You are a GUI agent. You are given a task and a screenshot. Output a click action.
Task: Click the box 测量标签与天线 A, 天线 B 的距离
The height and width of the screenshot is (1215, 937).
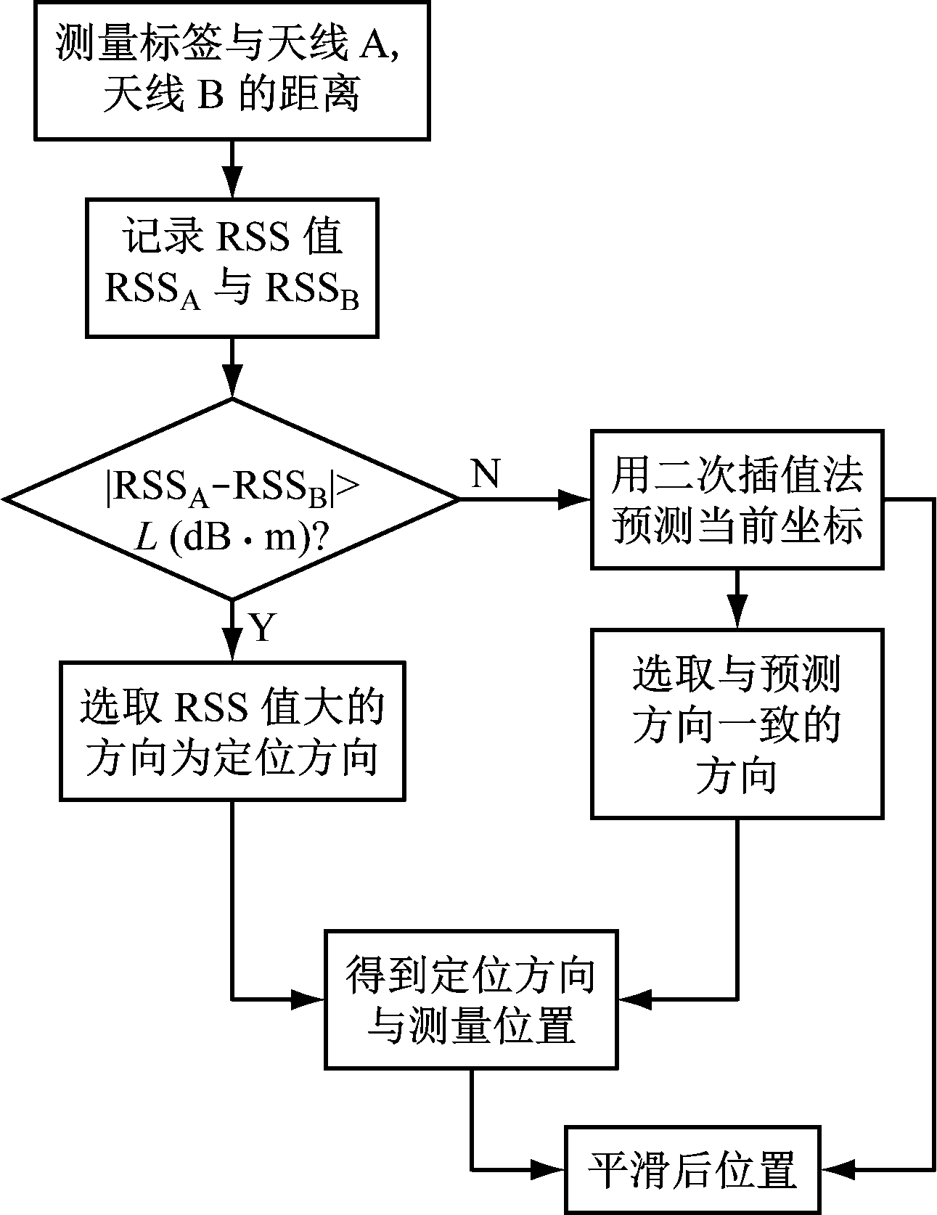(x=232, y=70)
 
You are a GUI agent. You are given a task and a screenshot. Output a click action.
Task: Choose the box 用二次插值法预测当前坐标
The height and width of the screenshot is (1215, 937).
(x=737, y=499)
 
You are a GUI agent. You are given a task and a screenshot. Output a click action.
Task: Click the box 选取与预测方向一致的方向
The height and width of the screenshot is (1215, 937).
(x=737, y=724)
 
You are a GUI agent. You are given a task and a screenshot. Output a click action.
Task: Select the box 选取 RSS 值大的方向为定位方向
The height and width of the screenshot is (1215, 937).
(x=232, y=731)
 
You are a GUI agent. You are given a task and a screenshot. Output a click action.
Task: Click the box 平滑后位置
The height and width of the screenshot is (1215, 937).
(x=693, y=1170)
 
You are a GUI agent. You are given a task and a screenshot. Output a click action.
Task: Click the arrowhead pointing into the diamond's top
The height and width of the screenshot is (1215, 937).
(x=232, y=382)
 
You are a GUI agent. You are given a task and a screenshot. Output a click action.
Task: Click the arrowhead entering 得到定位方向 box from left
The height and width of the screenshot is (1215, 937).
(x=308, y=1000)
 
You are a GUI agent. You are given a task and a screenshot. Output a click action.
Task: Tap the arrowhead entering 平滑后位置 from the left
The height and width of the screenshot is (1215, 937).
(x=549, y=1169)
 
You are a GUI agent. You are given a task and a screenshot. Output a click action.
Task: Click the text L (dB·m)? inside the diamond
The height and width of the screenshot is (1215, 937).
(x=232, y=537)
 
